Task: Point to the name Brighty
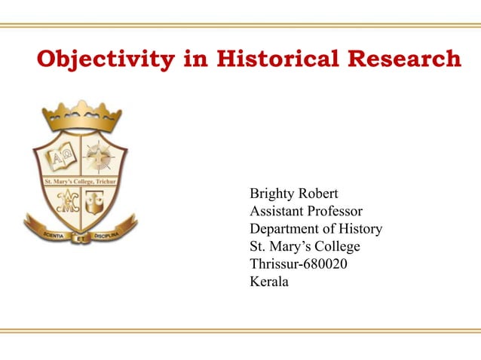[x=272, y=194]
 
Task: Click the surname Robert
[x=318, y=194]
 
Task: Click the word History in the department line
[x=358, y=229]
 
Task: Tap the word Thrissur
[x=274, y=264]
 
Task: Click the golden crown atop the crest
[x=81, y=117]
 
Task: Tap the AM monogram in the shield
[x=63, y=202]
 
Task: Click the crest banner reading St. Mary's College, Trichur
[x=70, y=181]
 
